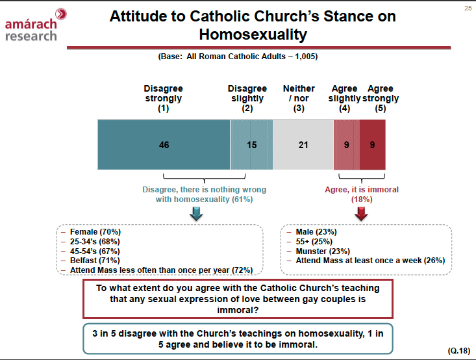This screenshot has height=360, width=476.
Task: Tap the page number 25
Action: click(x=468, y=8)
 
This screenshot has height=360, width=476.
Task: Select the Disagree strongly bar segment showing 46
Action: click(x=164, y=145)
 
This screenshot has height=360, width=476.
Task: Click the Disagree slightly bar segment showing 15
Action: click(x=251, y=145)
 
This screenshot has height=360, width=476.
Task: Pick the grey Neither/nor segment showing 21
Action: click(x=303, y=145)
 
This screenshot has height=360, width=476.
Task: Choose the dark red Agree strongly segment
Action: click(x=373, y=145)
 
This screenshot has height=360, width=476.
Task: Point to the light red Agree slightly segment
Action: click(x=347, y=145)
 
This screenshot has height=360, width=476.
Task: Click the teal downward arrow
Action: click(x=195, y=214)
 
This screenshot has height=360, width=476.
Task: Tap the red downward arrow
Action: click(x=362, y=214)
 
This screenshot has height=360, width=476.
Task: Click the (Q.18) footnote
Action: click(x=459, y=350)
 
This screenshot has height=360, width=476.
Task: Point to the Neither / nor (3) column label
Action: click(x=299, y=98)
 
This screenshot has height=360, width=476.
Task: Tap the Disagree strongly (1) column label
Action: click(x=163, y=98)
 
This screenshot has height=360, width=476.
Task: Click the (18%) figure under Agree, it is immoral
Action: click(x=362, y=199)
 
